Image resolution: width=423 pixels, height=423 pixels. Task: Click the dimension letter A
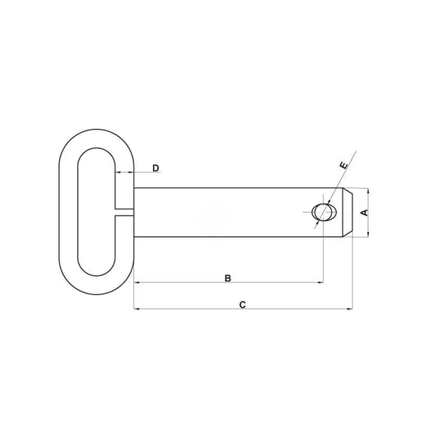click(364, 212)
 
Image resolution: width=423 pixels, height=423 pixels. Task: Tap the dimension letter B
click(228, 278)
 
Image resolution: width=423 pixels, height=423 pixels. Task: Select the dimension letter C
click(242, 305)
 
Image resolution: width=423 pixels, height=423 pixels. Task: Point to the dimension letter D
click(156, 168)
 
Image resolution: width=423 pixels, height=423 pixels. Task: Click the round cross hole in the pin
click(322, 212)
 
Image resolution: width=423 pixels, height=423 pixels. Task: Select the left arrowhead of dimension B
click(136, 283)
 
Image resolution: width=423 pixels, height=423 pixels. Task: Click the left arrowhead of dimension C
click(136, 309)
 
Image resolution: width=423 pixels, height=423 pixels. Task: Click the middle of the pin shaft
click(226, 212)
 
